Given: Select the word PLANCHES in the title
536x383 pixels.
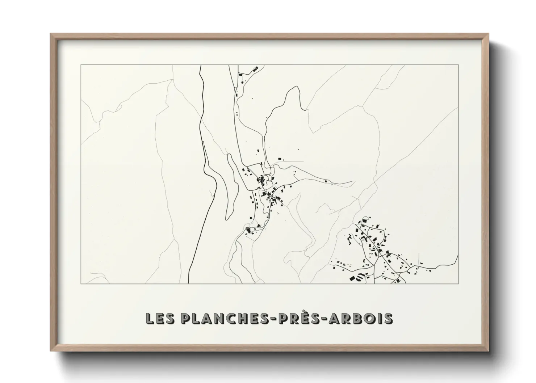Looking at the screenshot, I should coord(224,319).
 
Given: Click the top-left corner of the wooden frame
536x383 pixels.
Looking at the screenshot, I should coord(51,34).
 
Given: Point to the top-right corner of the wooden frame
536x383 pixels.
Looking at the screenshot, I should coord(489,34).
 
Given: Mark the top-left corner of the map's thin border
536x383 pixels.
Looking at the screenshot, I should coord(81,65).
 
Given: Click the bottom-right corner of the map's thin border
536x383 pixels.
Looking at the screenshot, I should coord(458,283).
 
